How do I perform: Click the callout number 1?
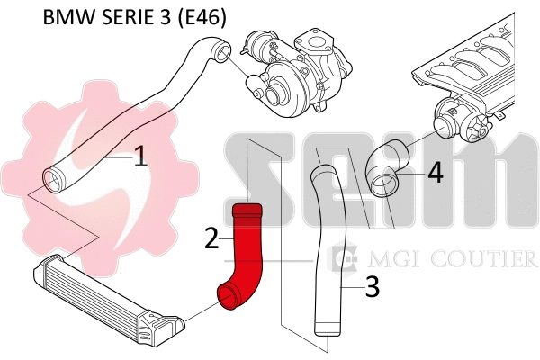point(139,158)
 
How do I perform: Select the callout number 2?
point(212,238)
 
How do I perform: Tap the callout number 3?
point(373,288)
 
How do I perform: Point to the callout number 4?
point(435,172)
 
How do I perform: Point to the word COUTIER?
point(490,260)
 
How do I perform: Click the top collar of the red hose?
point(246,212)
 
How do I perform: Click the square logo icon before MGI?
point(342,260)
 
